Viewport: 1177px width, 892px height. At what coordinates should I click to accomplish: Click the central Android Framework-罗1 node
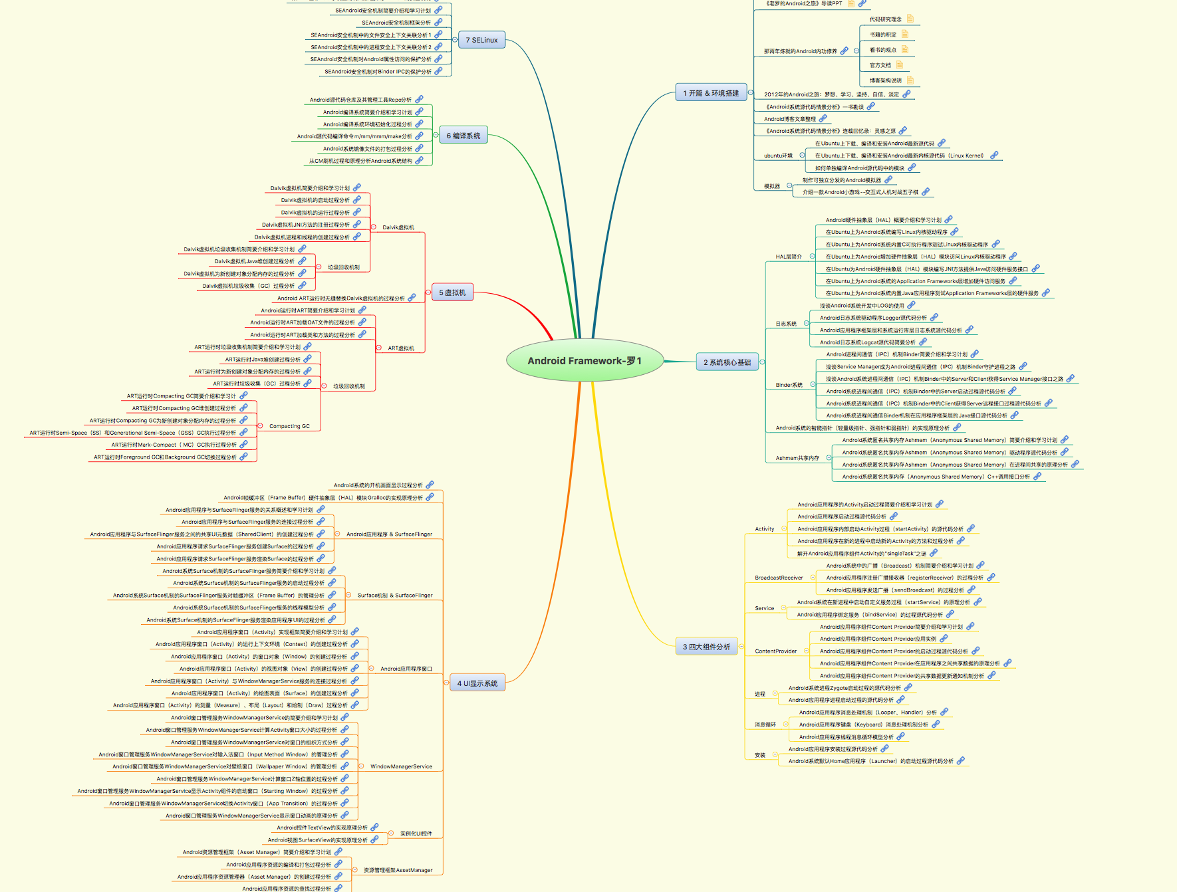tap(585, 361)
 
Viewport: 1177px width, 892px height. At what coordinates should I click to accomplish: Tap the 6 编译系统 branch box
tap(463, 136)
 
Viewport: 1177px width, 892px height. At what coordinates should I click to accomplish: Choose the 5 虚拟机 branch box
tap(452, 292)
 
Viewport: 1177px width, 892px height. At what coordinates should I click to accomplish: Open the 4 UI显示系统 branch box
tap(477, 683)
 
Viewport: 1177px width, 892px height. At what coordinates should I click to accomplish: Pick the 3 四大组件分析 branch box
tap(706, 647)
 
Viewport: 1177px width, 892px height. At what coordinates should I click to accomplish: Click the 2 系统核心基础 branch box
tap(727, 362)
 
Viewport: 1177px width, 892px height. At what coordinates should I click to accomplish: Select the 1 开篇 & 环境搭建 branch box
tap(711, 93)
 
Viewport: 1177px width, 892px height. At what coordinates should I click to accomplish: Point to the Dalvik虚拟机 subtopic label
tap(398, 227)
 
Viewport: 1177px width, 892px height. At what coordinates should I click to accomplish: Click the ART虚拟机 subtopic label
tap(401, 348)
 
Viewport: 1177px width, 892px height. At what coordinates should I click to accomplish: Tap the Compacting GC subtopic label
tap(289, 426)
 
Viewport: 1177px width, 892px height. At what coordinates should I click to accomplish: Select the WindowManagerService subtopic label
tap(401, 766)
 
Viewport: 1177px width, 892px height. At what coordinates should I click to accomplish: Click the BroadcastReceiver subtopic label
tap(779, 578)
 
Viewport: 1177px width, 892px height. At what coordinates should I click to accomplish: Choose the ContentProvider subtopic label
tap(776, 651)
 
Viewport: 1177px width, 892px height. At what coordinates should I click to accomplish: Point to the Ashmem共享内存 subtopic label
tap(797, 458)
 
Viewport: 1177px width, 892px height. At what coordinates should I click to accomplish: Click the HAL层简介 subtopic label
tap(789, 257)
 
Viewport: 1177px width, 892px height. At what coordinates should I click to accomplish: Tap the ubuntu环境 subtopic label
tap(778, 156)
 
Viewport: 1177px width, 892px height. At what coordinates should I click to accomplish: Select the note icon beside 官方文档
tap(899, 64)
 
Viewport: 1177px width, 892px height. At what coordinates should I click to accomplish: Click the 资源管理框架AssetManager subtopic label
tap(398, 870)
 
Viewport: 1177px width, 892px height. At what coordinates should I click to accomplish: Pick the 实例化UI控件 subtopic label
tap(416, 834)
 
